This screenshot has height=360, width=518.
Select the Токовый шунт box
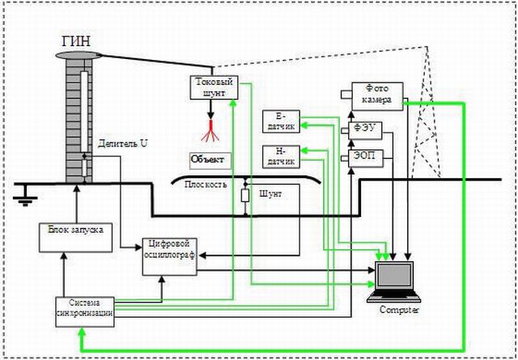214,87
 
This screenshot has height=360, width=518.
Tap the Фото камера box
372,94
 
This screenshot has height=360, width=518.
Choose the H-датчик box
281,155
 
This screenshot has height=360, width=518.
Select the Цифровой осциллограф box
170,256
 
